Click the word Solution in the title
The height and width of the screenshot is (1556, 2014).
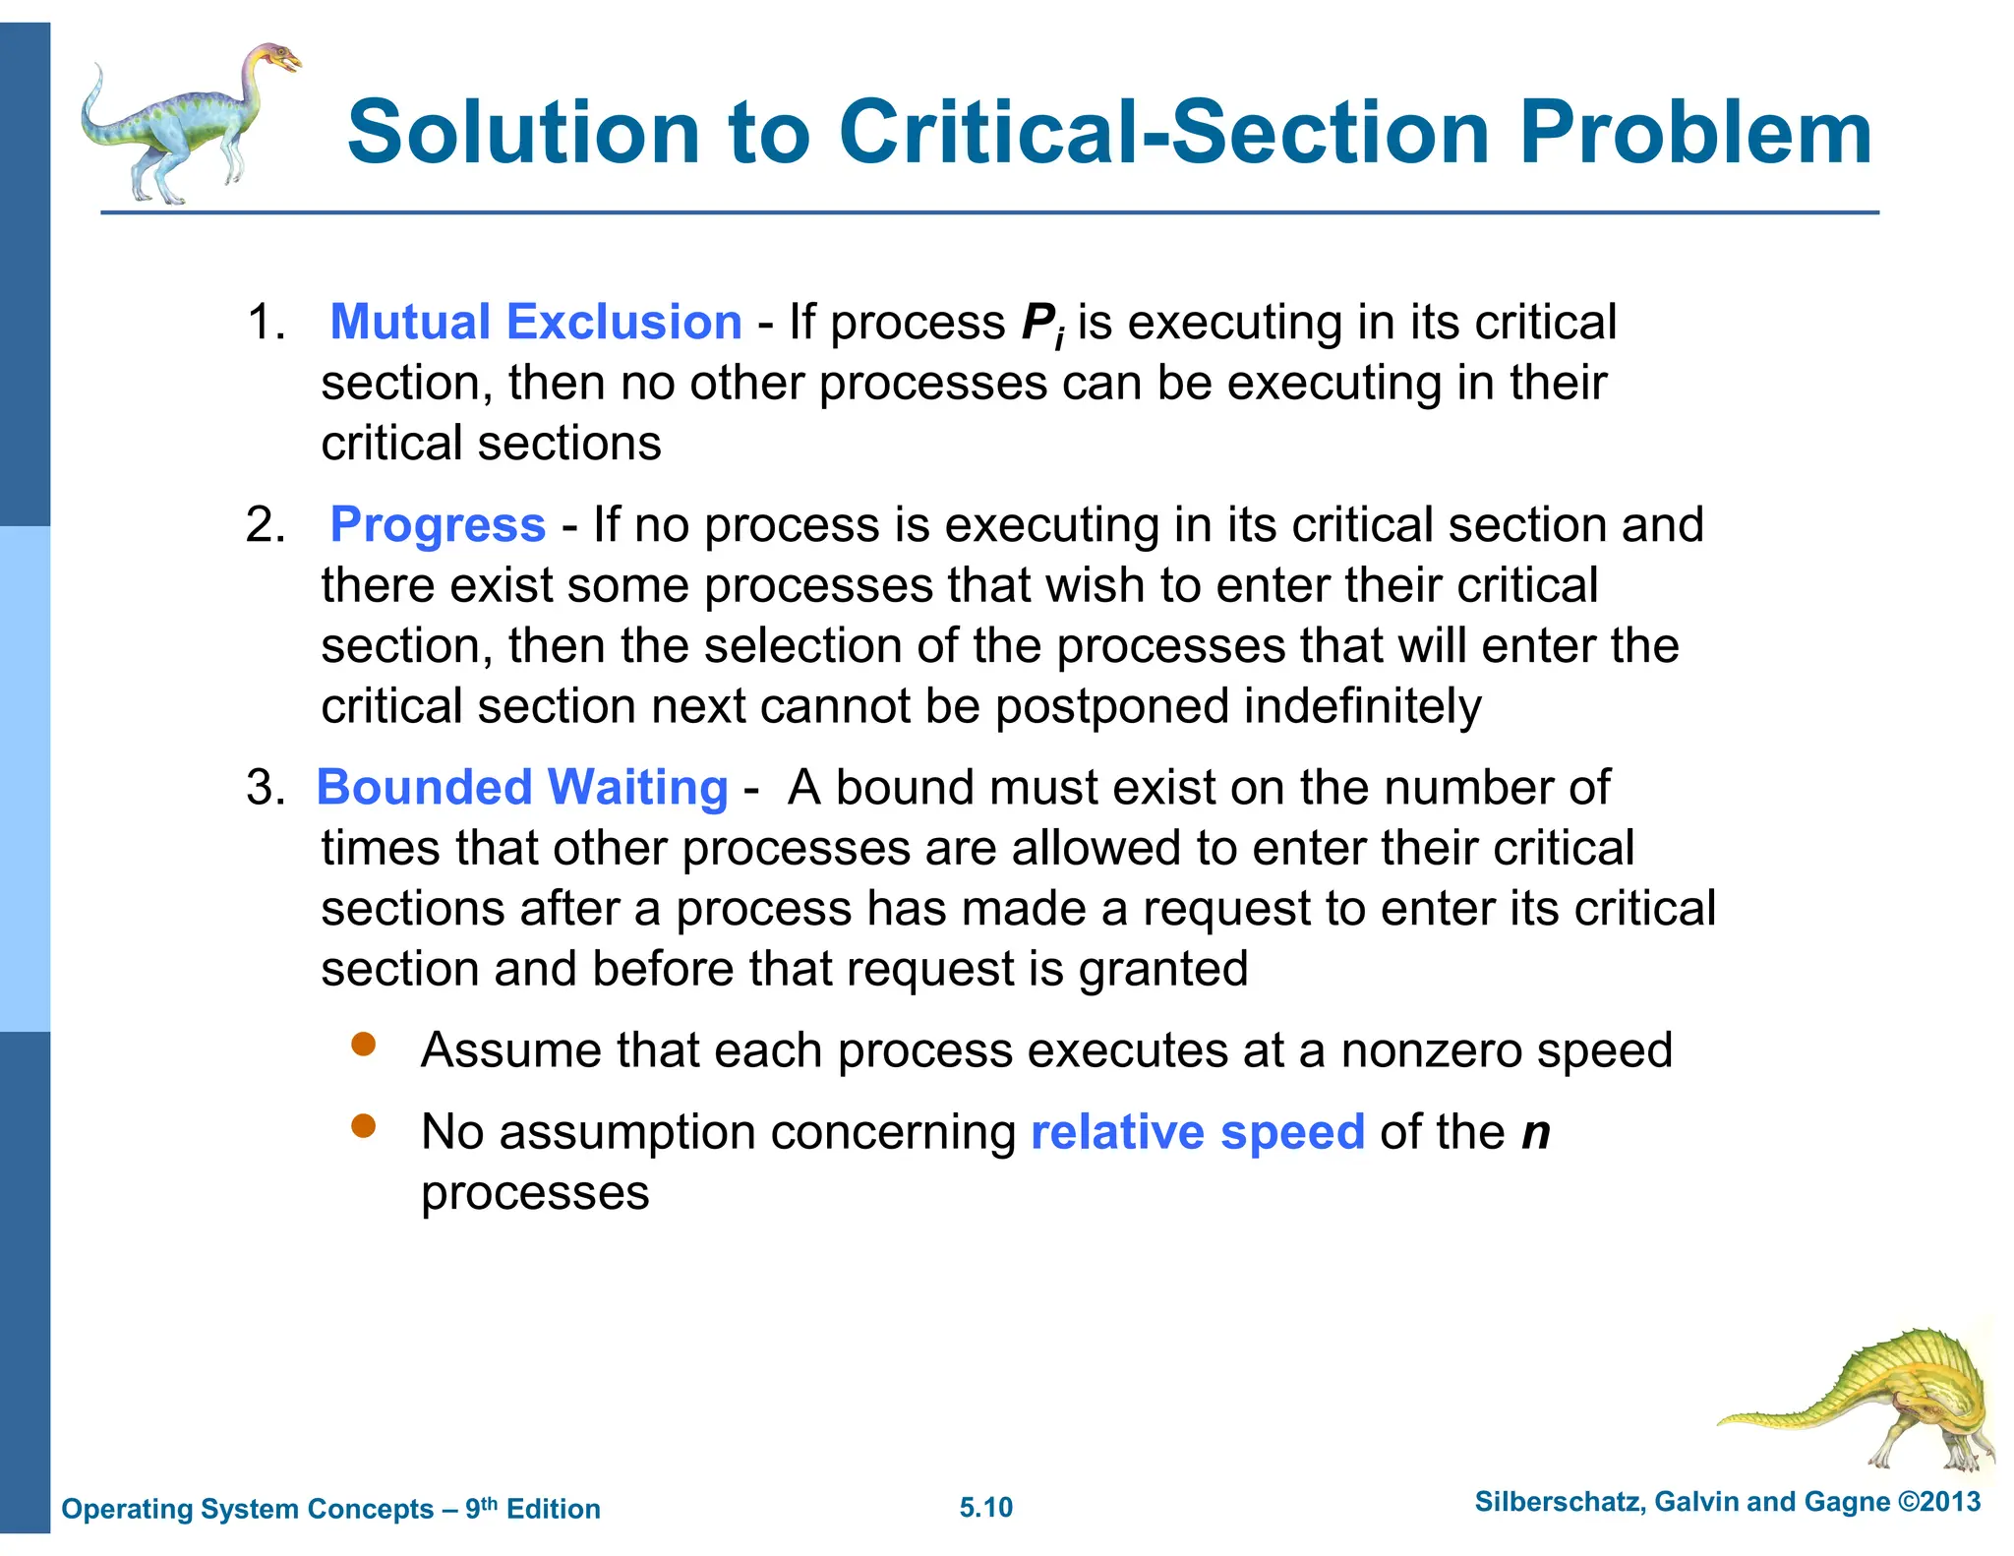tap(523, 133)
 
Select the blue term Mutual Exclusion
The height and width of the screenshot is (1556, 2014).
tap(536, 322)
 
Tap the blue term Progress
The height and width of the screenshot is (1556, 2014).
tap(438, 524)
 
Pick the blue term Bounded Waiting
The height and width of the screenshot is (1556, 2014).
tap(522, 788)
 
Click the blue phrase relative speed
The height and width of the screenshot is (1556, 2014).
tap(1197, 1132)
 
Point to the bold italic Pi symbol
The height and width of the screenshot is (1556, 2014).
tap(1042, 325)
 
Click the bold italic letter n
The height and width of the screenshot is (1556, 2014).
tap(1535, 1132)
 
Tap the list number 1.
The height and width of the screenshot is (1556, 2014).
tap(265, 323)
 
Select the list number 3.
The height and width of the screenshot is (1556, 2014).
tap(265, 788)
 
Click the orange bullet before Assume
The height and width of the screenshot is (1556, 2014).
tap(364, 1045)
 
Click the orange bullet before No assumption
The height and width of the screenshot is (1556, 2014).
tap(364, 1126)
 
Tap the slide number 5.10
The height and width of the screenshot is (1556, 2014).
tap(985, 1507)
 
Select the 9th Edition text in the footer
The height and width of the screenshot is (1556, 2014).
tap(532, 1508)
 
